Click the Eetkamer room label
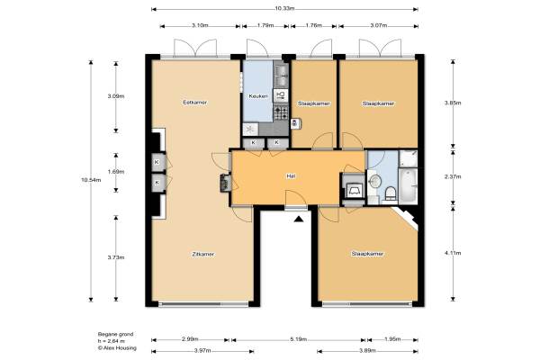195,103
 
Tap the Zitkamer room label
202,254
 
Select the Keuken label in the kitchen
258,96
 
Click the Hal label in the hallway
291,176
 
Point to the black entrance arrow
299,219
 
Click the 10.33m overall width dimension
284,9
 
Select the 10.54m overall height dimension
91,179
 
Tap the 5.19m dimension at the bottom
298,339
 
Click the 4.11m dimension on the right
453,253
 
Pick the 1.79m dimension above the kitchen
265,25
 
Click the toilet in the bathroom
391,193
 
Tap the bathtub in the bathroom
409,186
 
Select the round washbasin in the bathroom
374,181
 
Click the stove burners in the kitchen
281,112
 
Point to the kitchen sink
281,75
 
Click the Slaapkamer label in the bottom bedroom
367,254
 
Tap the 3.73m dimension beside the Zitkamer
116,257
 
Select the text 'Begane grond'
115,334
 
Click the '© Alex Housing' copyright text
117,348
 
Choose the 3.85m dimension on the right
453,103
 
